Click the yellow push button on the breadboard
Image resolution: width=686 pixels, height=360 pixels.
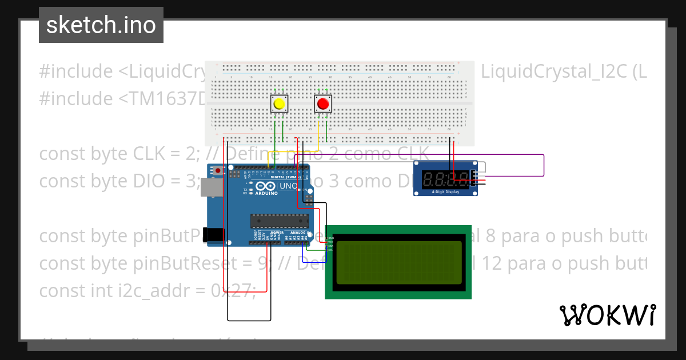point(279,104)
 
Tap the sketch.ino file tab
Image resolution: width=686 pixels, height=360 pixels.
point(101,25)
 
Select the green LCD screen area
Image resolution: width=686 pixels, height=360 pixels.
point(398,262)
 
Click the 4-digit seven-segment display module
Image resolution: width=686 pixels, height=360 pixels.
point(445,179)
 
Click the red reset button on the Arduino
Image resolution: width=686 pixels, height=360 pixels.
point(218,170)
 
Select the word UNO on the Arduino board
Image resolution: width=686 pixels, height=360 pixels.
point(288,186)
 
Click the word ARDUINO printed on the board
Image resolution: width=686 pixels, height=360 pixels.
point(266,193)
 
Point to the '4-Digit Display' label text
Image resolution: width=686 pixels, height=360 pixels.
point(444,192)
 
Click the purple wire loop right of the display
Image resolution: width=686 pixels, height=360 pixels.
point(543,165)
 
